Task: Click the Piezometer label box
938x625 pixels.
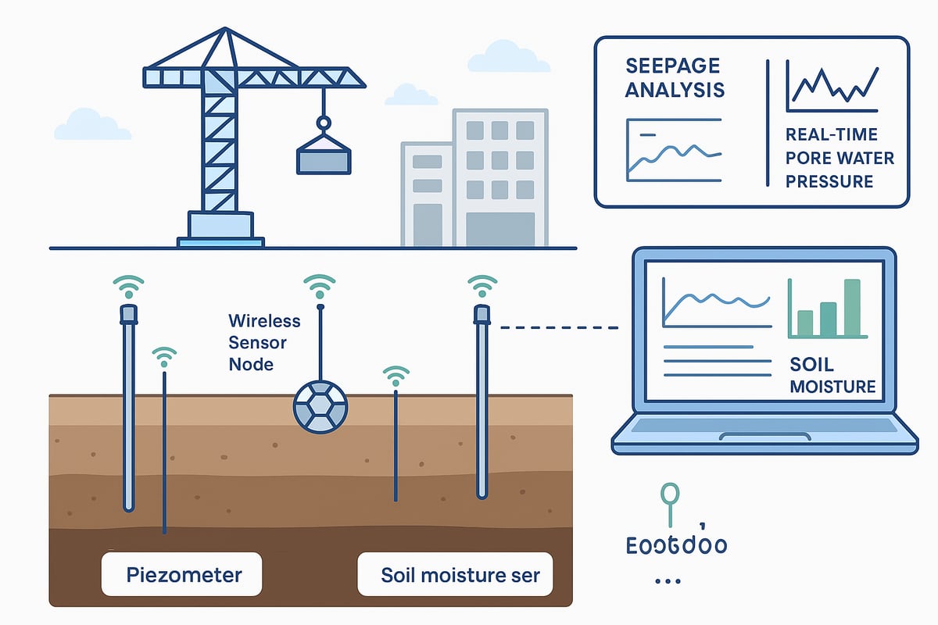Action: [184, 576]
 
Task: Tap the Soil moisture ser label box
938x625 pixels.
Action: [455, 576]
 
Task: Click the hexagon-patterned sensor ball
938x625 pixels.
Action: [319, 406]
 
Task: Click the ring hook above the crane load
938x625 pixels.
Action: [323, 123]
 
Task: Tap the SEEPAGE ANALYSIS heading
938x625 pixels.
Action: [675, 77]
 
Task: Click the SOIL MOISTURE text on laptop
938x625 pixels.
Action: [832, 376]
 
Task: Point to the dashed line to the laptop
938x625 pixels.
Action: [560, 327]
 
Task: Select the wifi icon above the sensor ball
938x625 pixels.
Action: [319, 287]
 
